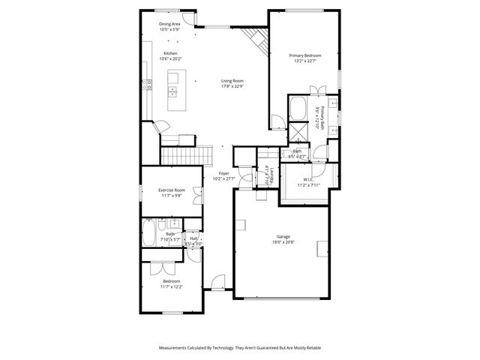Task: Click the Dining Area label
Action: pos(169,24)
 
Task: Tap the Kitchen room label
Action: pos(170,53)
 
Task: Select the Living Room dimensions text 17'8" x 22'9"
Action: pos(232,86)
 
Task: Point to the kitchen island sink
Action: pos(172,92)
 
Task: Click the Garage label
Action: pos(281,237)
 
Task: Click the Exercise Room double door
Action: pos(198,193)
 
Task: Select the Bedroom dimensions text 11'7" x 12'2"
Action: pos(171,286)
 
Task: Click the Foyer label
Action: pos(223,173)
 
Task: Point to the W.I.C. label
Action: pos(309,178)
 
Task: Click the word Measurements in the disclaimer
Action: pos(175,348)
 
